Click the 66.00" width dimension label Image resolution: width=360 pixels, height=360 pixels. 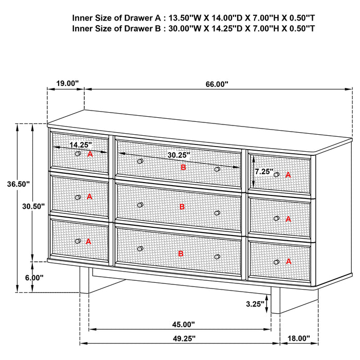click(218, 84)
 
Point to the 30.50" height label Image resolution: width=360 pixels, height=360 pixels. click(33, 205)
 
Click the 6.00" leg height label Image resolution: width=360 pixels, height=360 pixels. click(34, 277)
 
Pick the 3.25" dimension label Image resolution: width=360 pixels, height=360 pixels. click(256, 304)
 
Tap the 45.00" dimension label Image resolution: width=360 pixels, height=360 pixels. click(183, 325)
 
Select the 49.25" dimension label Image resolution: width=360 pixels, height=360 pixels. click(183, 338)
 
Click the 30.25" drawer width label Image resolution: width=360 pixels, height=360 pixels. click(178, 154)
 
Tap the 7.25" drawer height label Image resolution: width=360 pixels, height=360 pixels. click(264, 171)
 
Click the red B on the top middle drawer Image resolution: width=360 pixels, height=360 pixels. click(182, 167)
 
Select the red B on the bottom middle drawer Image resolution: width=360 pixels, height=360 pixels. click(181, 254)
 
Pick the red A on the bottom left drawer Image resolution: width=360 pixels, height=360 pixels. click(88, 241)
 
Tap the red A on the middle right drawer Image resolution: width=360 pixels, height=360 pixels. click(288, 219)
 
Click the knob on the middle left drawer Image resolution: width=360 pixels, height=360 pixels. click(78, 197)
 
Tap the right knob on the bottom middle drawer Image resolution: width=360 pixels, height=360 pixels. click(217, 256)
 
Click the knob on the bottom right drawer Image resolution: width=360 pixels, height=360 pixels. click(276, 262)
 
